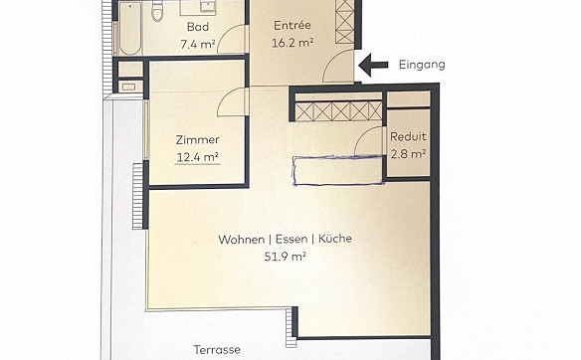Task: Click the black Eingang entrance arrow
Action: click(373, 66)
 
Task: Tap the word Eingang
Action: click(422, 65)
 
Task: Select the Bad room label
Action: click(198, 27)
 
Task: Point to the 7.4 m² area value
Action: click(198, 44)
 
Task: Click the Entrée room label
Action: click(292, 26)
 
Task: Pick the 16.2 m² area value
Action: click(292, 43)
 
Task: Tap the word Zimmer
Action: click(198, 139)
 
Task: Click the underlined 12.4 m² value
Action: click(198, 157)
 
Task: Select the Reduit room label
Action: click(408, 136)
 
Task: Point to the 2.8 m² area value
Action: click(408, 153)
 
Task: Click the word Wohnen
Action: click(241, 240)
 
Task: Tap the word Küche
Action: click(335, 239)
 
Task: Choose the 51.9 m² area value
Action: click(286, 257)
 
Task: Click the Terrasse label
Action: click(217, 350)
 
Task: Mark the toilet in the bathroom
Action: click(157, 11)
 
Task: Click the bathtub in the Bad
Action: click(130, 28)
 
